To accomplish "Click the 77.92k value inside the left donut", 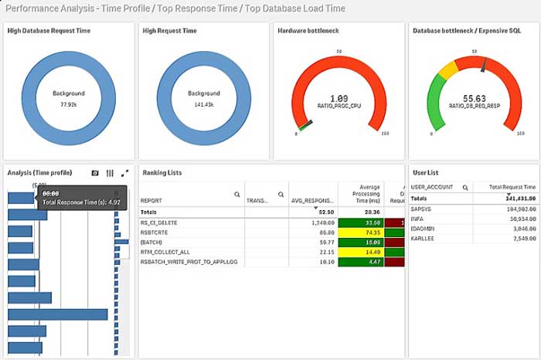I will click(68, 104).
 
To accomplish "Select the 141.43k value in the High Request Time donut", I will click(204, 104).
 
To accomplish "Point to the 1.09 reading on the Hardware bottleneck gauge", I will click(339, 98).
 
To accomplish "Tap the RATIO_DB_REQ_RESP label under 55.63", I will click(473, 108).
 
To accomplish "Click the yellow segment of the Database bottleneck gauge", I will click(447, 70).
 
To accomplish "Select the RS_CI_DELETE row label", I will click(158, 222).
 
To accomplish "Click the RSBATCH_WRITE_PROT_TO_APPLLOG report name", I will click(188, 262).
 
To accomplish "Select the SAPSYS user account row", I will click(421, 209).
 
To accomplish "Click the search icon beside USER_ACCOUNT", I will click(465, 187).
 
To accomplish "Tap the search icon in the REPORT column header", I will click(236, 195).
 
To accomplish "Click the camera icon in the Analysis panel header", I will click(95, 173).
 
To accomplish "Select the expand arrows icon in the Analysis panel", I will click(124, 173).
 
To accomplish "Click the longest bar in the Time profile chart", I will click(58, 314).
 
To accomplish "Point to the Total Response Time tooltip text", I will click(81, 202).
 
